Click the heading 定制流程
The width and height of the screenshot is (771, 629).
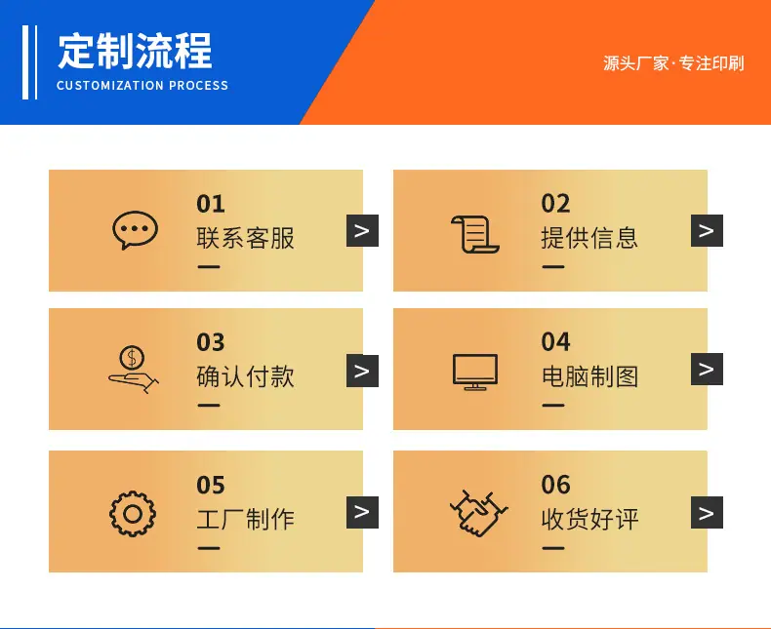pos(135,51)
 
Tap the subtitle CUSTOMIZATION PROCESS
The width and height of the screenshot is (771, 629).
pos(142,86)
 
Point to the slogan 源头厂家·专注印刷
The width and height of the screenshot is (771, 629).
pos(673,63)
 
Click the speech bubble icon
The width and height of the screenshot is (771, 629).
pos(135,230)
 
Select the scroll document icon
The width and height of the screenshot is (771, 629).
pos(475,234)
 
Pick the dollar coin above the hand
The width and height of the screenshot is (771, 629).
pos(132,357)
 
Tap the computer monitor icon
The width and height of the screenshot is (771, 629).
pos(475,372)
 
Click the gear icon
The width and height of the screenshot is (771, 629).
pos(133,514)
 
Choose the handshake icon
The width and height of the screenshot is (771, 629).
pos(478,513)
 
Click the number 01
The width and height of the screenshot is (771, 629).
pos(211,204)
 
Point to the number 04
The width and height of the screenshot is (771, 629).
pos(555,342)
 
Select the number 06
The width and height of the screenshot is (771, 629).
pos(555,485)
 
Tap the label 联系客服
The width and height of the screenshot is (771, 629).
pos(245,238)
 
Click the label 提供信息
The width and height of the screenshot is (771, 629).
pos(589,238)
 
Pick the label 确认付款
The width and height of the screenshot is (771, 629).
pos(245,376)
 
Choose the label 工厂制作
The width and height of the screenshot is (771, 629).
pos(245,520)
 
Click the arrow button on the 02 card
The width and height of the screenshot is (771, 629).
pos(707,230)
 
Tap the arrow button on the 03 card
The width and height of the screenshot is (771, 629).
pos(362,371)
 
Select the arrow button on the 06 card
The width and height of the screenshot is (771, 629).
pos(707,513)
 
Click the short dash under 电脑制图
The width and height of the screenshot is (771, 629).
pos(553,406)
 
